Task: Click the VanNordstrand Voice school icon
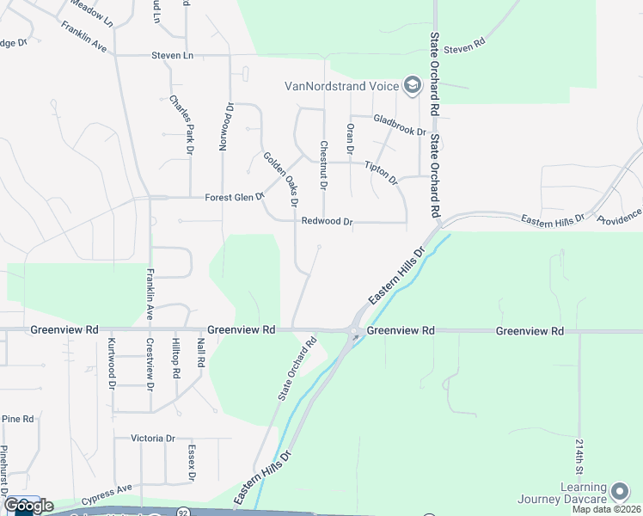pyautogui.click(x=412, y=84)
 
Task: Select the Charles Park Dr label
pyautogui.click(x=181, y=120)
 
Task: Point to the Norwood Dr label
pyautogui.click(x=225, y=127)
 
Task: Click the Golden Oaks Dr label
pyautogui.click(x=280, y=179)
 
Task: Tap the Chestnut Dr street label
pyautogui.click(x=324, y=165)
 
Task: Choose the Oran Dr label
pyautogui.click(x=350, y=140)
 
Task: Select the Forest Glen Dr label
pyautogui.click(x=234, y=198)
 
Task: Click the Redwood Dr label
pyautogui.click(x=328, y=222)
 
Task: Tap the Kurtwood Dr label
pyautogui.click(x=113, y=362)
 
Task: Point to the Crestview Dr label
pyautogui.click(x=150, y=364)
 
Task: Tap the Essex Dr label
pyautogui.click(x=192, y=464)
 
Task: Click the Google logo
pyautogui.click(x=28, y=506)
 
